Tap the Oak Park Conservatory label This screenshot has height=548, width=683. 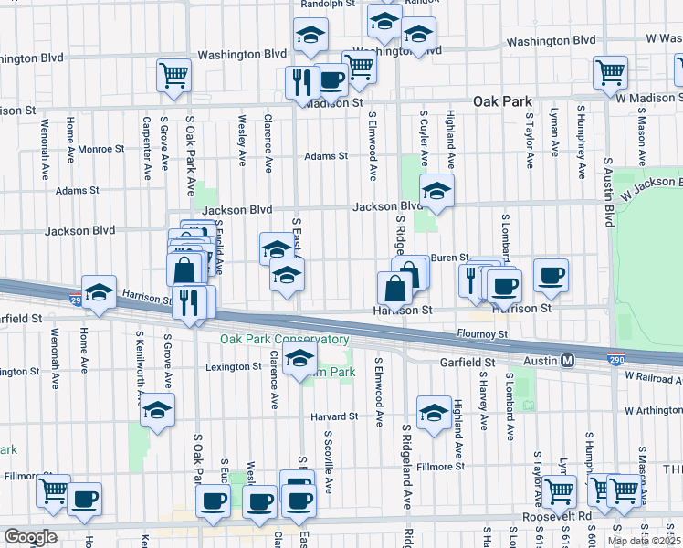284,340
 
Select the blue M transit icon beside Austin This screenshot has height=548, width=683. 567,361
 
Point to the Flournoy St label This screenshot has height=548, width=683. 482,335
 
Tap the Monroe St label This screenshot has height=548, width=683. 100,149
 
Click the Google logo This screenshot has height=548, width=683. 30,537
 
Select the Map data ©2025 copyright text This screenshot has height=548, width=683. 644,541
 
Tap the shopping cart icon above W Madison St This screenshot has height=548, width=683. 610,72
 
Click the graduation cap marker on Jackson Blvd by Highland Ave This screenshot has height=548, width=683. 436,192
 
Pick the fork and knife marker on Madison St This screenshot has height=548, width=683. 299,83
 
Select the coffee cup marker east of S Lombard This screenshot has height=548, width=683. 551,276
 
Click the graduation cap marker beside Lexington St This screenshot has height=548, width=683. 299,361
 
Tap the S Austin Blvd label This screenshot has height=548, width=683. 607,193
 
